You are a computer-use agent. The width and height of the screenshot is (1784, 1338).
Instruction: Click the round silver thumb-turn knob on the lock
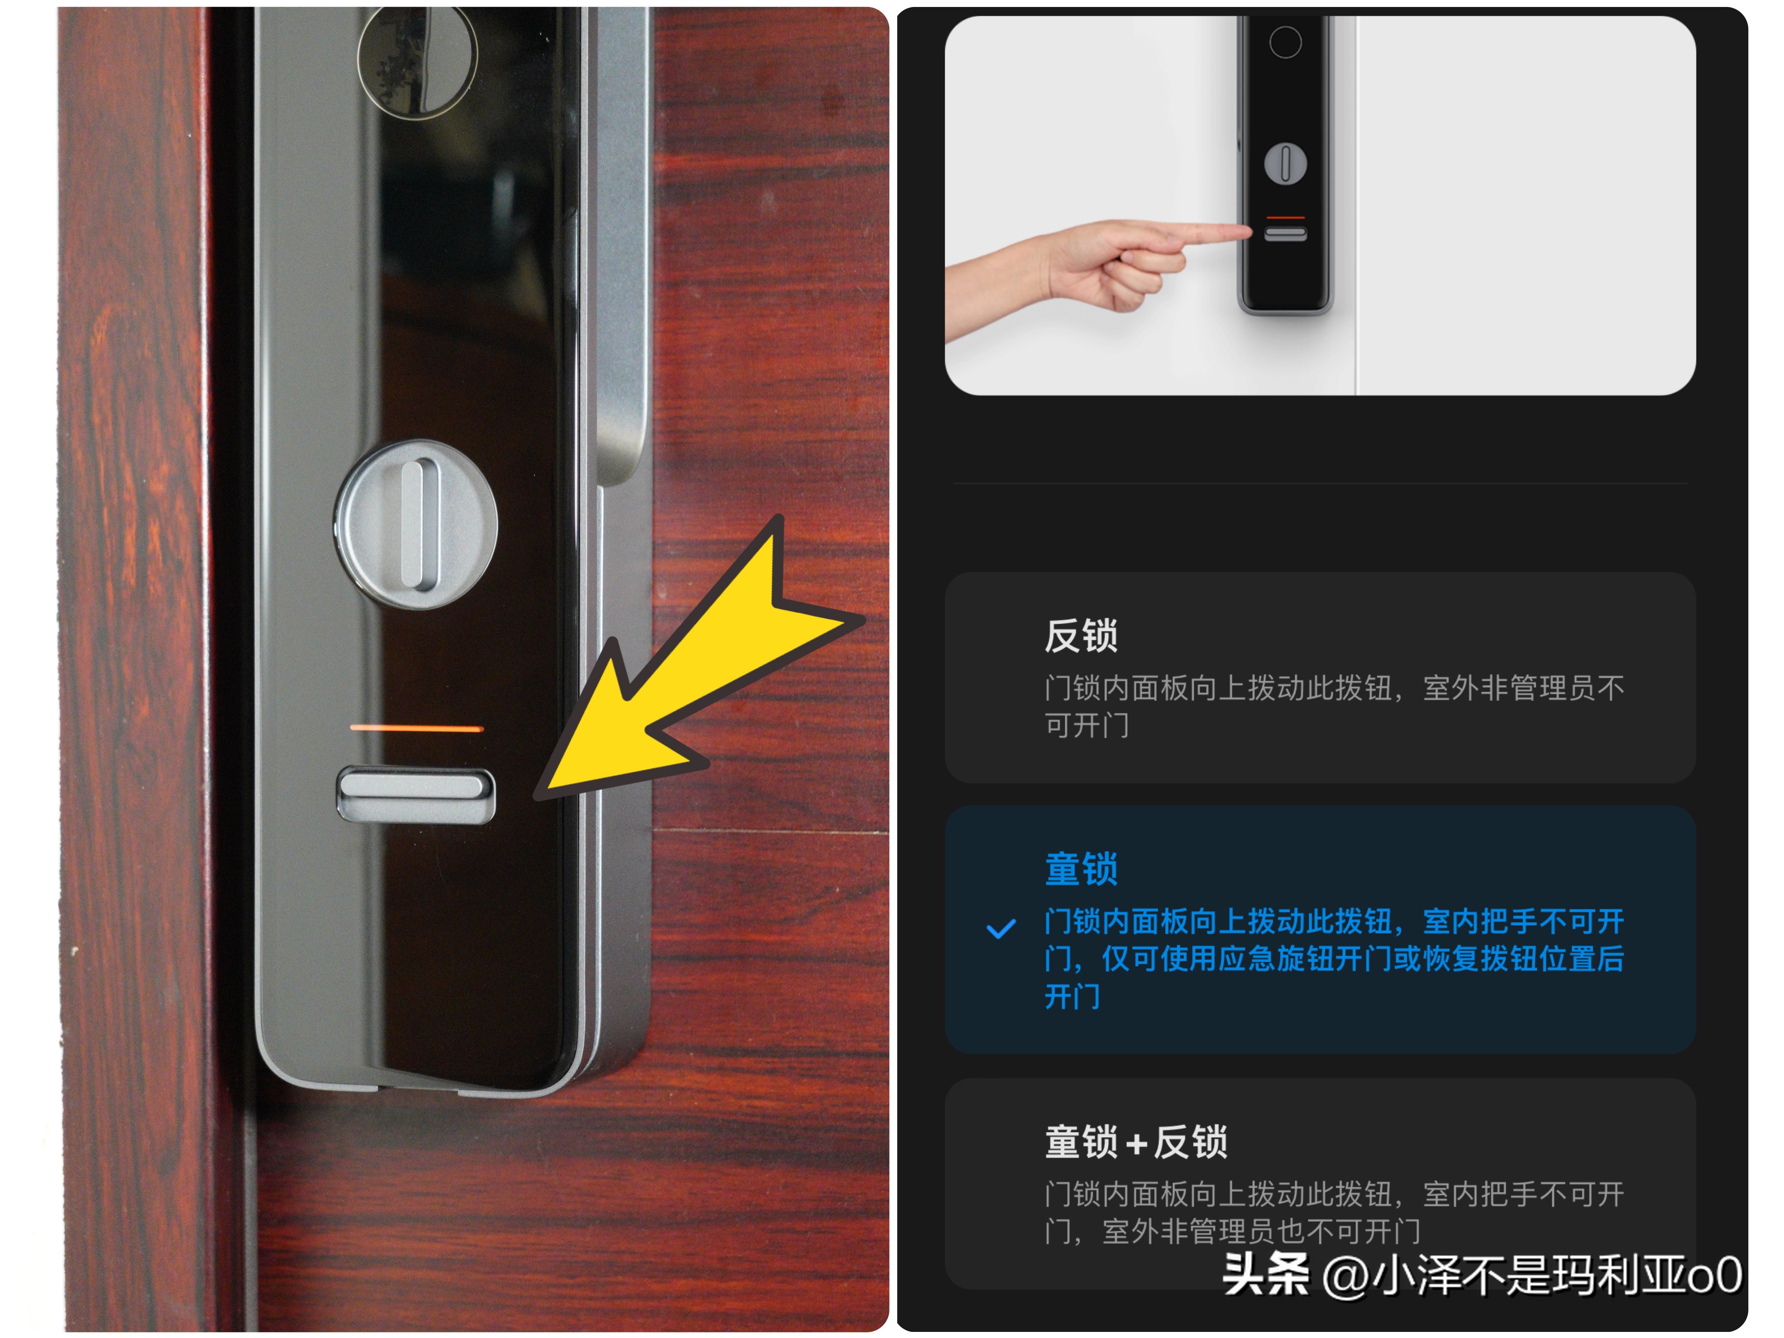point(416,524)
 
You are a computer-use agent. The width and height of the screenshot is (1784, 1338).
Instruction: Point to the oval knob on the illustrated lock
point(1286,164)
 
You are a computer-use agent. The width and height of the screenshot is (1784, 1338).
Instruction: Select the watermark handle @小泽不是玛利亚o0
point(1532,1276)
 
